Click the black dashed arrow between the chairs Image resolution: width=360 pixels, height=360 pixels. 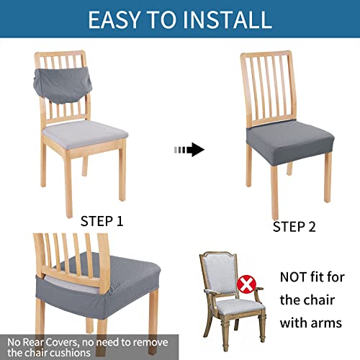(x=189, y=150)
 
